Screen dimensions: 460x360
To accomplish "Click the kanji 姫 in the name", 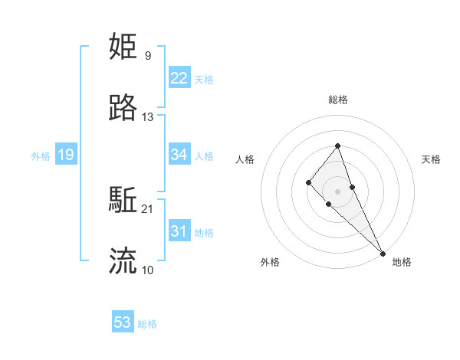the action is pos(123,47).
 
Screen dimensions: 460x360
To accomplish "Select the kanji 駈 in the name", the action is pos(123,201).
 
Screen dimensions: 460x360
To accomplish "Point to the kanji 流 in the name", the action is pos(123,261).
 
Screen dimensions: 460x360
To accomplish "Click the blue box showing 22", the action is pos(179,78).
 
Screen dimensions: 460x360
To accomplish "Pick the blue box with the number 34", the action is pos(179,155).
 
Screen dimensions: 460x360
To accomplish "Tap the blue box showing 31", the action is pos(179,231).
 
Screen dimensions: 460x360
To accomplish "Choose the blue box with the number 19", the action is pos(66,155).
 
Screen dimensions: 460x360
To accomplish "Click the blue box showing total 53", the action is pos(123,322).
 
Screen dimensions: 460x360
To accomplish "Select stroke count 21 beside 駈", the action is pos(148,208).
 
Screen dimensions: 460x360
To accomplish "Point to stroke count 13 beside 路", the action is pos(148,117).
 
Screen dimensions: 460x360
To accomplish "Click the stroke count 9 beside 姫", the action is pos(148,55).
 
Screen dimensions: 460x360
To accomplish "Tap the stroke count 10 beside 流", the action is pos(148,270).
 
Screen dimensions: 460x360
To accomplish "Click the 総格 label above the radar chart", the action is pos(338,100).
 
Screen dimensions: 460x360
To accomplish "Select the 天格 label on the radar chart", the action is pos(432,159).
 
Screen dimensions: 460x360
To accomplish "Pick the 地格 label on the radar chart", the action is pos(402,262).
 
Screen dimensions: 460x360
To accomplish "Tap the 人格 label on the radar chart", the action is pos(245,159).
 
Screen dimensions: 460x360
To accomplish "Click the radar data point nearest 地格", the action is pos(383,253).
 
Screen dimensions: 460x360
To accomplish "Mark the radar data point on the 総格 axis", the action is pos(338,146).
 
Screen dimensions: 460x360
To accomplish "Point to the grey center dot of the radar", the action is pos(338,191).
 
